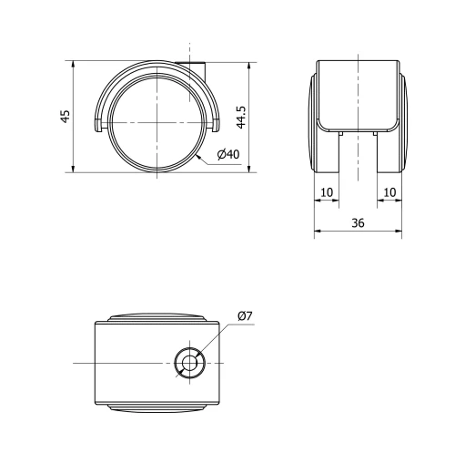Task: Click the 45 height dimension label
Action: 65,116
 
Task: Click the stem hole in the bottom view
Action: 190,364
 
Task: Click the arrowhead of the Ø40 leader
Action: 198,158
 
